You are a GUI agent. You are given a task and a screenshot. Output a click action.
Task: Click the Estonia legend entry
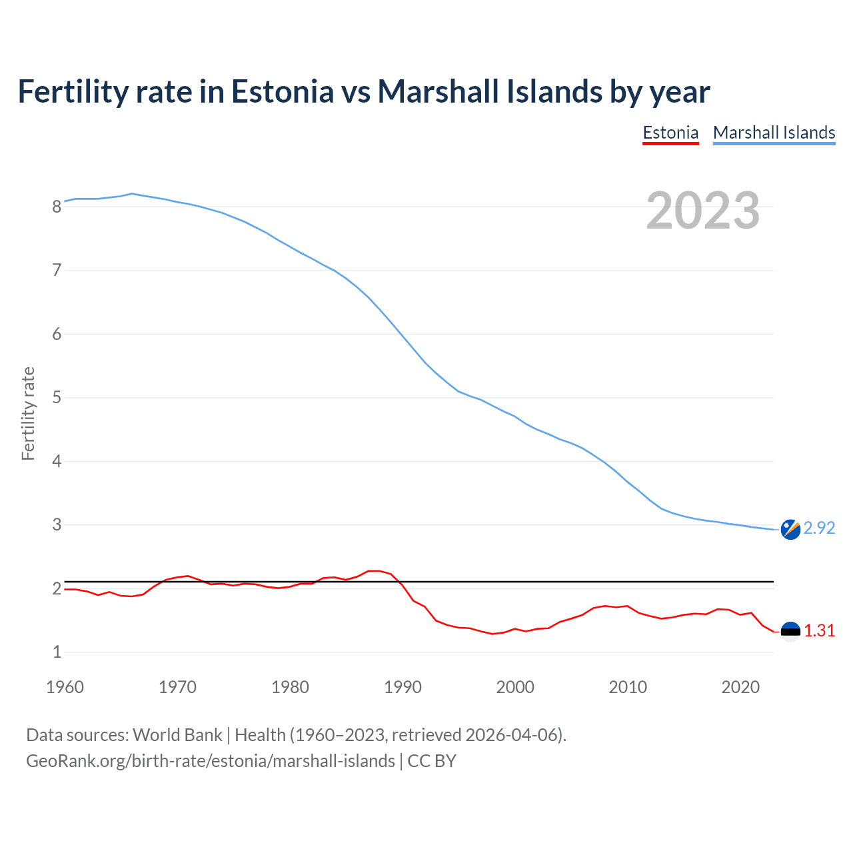[670, 133]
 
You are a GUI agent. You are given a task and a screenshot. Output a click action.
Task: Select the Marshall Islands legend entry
[774, 133]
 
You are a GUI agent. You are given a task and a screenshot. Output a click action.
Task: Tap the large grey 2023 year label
[702, 211]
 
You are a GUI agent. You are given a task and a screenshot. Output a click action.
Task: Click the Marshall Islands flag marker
[790, 529]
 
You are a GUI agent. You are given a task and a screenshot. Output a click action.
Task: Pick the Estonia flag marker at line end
[790, 631]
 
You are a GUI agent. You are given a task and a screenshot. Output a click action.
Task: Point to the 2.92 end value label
[819, 528]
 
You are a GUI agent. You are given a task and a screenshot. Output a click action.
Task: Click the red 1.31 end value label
[819, 630]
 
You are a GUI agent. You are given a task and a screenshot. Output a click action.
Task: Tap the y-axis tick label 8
[57, 207]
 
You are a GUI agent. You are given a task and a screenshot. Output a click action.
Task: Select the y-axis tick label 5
[57, 398]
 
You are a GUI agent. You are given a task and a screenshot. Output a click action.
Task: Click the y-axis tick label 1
[57, 652]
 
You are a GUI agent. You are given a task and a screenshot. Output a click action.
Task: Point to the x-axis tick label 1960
[65, 687]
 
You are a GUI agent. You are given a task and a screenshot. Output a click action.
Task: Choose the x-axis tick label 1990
[403, 687]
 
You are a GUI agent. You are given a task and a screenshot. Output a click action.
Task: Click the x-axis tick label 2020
[740, 687]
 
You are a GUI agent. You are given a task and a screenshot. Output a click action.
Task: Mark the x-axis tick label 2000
[515, 687]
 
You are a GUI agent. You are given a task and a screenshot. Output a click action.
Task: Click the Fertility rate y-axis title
[28, 413]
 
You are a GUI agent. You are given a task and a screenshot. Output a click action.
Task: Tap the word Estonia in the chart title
[282, 91]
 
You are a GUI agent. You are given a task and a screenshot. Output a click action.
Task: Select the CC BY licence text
[432, 761]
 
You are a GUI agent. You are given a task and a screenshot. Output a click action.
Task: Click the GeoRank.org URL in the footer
[210, 761]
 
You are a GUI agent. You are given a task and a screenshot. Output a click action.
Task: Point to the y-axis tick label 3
[57, 525]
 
